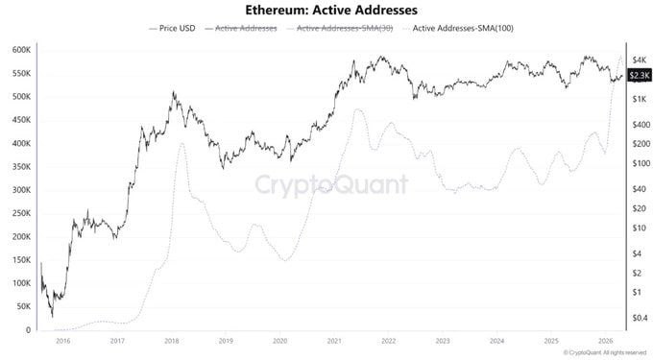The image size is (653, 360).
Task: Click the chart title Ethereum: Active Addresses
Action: pos(326,11)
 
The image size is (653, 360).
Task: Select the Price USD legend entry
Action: pos(174,29)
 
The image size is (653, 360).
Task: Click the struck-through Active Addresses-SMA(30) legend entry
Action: pos(342,29)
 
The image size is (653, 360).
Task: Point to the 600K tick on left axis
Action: pos(18,50)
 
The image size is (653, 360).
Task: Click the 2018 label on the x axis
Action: pos(171,341)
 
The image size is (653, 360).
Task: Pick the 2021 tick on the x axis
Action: pos(334,341)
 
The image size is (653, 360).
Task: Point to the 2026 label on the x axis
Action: pos(605,341)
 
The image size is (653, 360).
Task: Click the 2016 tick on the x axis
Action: pos(63,341)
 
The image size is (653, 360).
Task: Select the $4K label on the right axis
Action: pos(637,59)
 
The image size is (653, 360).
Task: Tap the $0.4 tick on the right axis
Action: pos(639,318)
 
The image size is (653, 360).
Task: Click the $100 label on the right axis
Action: pos(638,163)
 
